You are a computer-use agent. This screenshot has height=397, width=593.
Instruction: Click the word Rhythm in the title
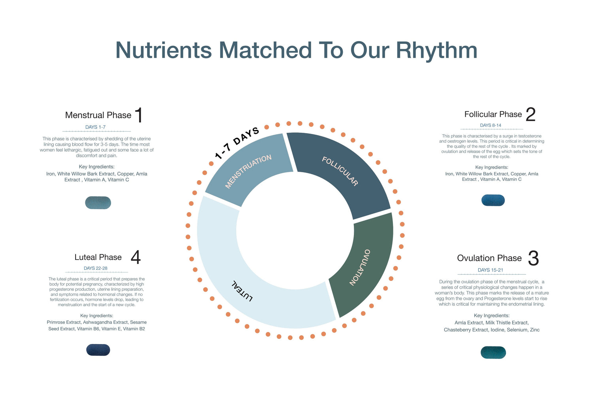[436, 51]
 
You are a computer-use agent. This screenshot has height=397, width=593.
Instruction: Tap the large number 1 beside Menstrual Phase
[139, 115]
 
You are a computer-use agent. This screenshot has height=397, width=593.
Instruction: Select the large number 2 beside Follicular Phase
[531, 114]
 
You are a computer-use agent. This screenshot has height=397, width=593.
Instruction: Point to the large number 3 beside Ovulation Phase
[533, 258]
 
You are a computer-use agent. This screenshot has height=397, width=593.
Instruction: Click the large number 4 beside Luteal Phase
[136, 257]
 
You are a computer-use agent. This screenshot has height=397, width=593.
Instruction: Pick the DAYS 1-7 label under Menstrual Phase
[95, 127]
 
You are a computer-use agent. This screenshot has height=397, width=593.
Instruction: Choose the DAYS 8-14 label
[491, 125]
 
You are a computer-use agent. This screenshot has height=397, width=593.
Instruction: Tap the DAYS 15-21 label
[490, 270]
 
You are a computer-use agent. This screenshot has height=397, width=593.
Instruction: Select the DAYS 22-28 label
[96, 268]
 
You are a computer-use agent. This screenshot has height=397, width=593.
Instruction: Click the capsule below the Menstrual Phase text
[98, 203]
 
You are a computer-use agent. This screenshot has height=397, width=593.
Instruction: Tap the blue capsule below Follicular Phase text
[493, 200]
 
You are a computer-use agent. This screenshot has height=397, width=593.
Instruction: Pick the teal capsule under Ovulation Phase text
[493, 353]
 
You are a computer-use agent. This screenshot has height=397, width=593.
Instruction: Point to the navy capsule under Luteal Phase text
[98, 350]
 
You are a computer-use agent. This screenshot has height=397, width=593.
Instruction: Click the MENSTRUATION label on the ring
[248, 171]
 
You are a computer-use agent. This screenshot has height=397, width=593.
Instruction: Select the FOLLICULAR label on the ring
[340, 171]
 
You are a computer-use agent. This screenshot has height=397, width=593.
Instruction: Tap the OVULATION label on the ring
[360, 267]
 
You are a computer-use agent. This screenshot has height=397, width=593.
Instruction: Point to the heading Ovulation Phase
[489, 258]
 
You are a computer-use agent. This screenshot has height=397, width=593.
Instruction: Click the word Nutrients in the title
[164, 50]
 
